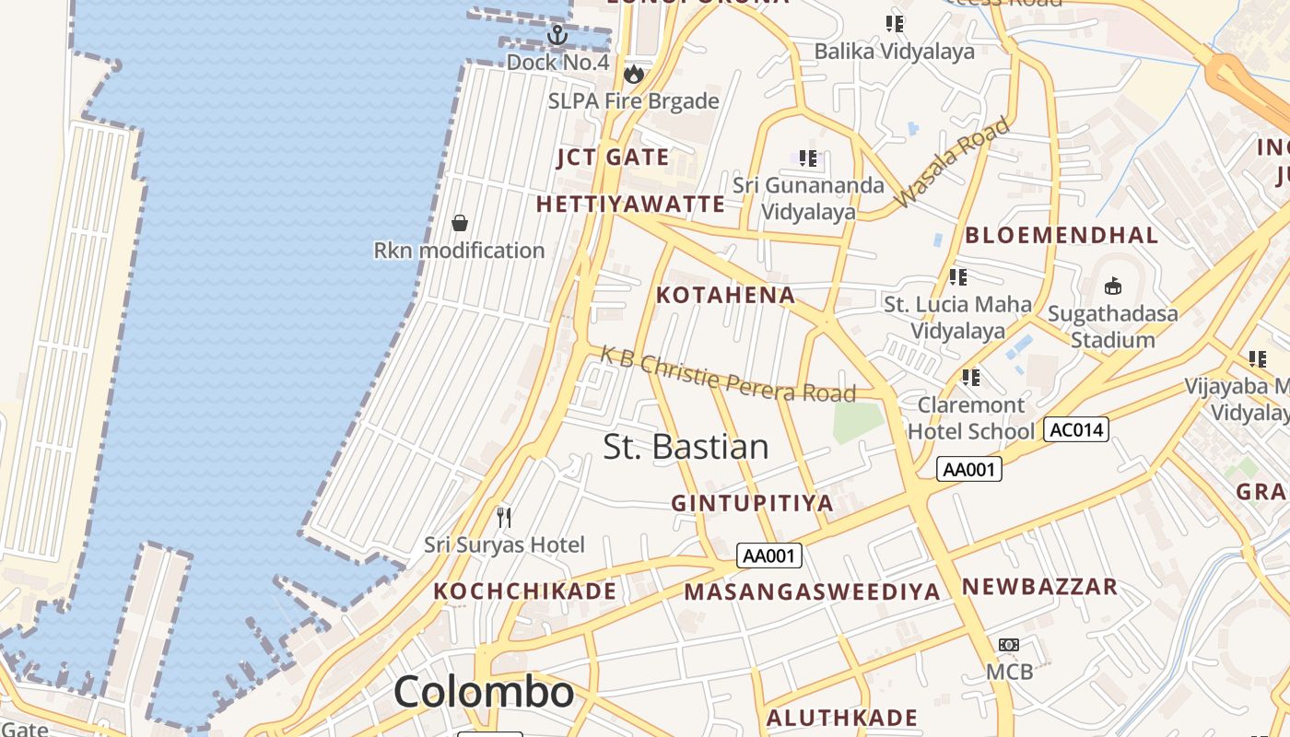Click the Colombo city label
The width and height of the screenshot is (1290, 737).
[484, 692]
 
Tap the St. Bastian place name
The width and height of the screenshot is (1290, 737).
[686, 447]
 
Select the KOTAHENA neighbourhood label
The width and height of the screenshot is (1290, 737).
[725, 295]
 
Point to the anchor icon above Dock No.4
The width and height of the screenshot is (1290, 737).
[557, 36]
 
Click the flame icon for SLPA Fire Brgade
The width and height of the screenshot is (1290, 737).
[633, 74]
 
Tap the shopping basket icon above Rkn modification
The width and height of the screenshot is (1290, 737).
[459, 223]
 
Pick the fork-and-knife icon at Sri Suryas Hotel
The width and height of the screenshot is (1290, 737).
[504, 517]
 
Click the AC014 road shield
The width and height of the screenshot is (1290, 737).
[1075, 429]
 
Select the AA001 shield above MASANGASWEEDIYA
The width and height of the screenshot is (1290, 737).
[769, 556]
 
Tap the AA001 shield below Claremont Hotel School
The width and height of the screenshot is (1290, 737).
[969, 469]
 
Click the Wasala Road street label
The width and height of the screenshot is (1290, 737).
[952, 162]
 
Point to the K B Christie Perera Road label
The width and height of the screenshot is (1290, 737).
[728, 374]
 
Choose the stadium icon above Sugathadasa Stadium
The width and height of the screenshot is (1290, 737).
[1113, 286]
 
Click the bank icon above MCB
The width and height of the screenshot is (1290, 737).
[1009, 645]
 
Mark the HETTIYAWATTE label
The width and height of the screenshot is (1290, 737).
[630, 204]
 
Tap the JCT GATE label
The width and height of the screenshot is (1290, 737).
[613, 158]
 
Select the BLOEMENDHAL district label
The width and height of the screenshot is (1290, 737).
[1061, 235]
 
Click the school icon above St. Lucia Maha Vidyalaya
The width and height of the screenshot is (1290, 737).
[958, 276]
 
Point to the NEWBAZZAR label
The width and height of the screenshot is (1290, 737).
[1039, 587]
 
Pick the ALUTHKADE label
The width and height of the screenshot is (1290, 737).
[842, 718]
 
